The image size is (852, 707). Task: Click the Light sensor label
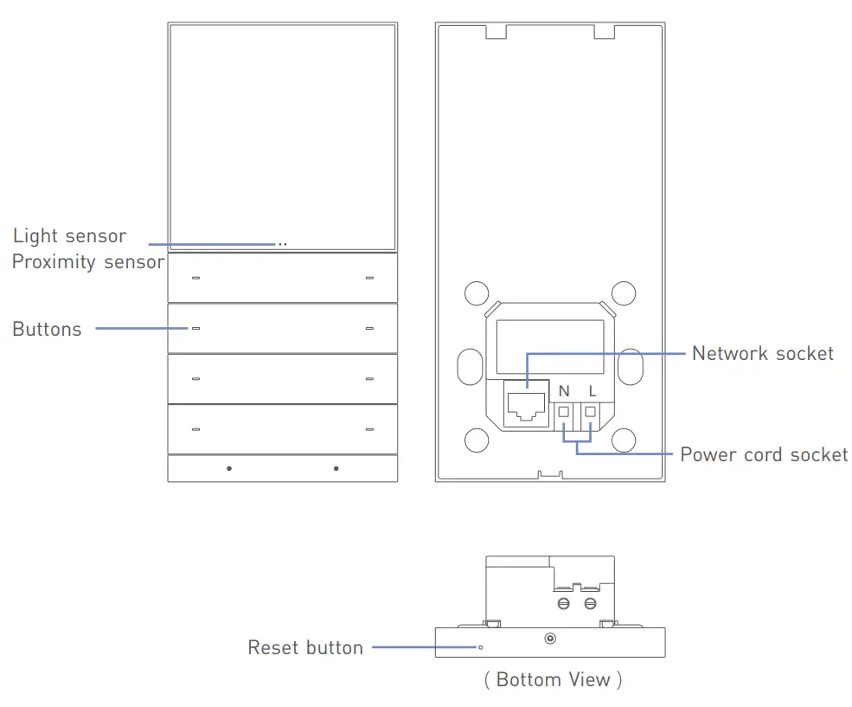click(69, 236)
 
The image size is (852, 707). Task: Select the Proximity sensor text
click(87, 262)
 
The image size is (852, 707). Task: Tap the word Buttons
click(47, 330)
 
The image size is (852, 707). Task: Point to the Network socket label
click(762, 353)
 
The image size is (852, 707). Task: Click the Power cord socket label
click(764, 455)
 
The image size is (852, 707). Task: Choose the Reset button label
click(305, 647)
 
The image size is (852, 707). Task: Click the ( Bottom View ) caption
click(553, 679)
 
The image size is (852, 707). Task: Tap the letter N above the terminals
click(564, 391)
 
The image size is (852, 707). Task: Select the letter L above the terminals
click(592, 391)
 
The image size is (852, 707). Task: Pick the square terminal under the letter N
click(564, 412)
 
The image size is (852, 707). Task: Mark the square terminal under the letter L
click(591, 412)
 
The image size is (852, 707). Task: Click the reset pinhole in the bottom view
click(480, 646)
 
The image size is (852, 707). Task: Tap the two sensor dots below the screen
click(282, 245)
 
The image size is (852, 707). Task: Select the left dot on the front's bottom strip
click(229, 468)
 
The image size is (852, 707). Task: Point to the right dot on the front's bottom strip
click(336, 468)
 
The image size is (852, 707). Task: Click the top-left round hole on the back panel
click(476, 293)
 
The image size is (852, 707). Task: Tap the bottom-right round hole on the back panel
click(624, 440)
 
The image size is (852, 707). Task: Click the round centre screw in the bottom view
click(549, 640)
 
